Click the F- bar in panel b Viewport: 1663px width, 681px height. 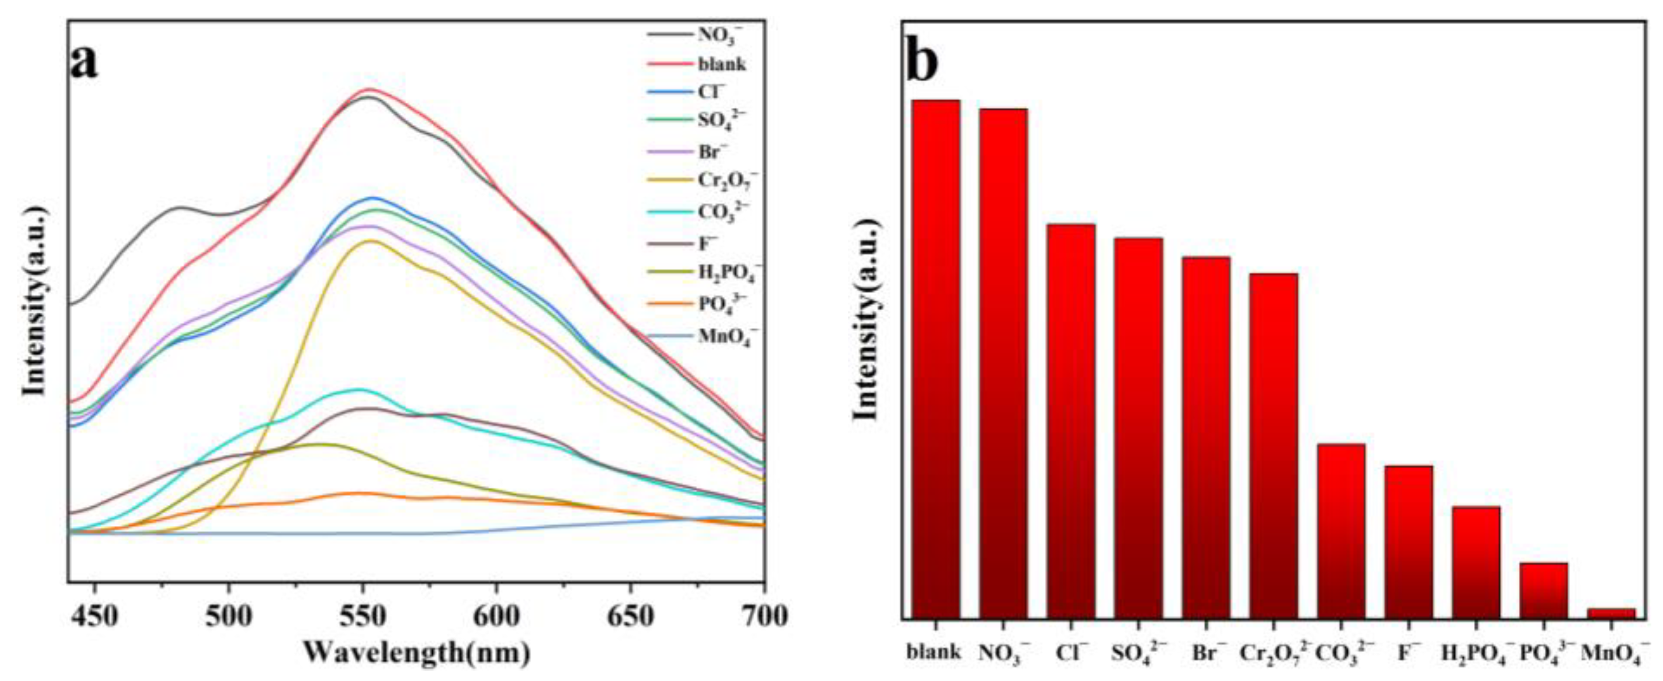coord(1409,541)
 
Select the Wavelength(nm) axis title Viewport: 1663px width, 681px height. coord(417,654)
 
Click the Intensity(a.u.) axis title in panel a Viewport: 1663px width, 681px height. coord(34,301)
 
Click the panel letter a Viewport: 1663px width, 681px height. coord(85,63)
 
